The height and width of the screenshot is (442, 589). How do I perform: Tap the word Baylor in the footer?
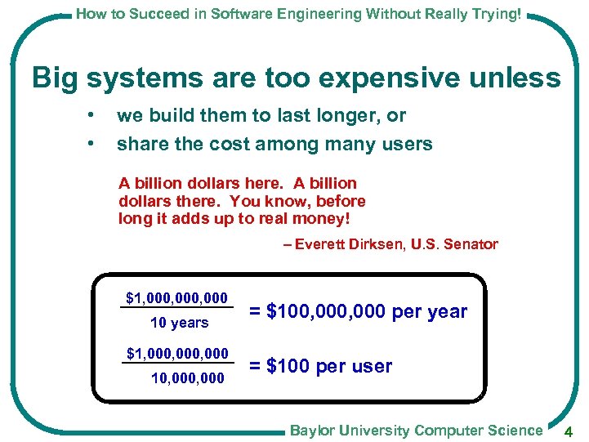click(x=313, y=430)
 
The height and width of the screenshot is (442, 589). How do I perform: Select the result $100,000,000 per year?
click(x=358, y=311)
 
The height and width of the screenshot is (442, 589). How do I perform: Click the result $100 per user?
click(x=320, y=366)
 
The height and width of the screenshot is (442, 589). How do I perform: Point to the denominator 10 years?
click(x=179, y=323)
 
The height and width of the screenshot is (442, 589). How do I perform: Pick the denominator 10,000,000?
click(x=187, y=377)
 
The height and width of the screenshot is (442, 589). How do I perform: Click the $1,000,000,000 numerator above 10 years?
click(x=176, y=297)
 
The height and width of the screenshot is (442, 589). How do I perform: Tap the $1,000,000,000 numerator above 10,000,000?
click(x=176, y=353)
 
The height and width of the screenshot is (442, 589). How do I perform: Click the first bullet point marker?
click(x=96, y=115)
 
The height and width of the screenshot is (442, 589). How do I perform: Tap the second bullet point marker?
click(x=96, y=144)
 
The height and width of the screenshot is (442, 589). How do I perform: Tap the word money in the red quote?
click(x=315, y=218)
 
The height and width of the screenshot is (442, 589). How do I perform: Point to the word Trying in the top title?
click(x=494, y=14)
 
